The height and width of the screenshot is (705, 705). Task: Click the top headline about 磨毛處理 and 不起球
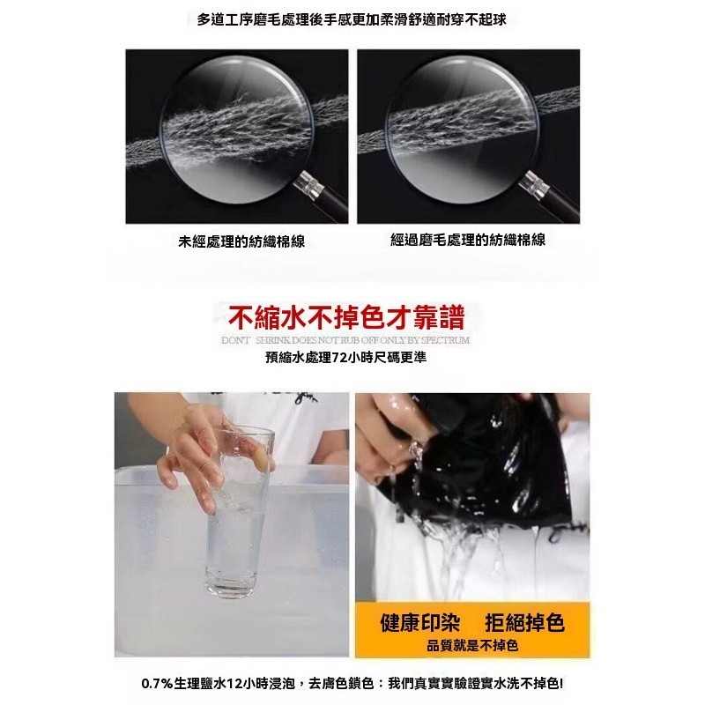coord(352,19)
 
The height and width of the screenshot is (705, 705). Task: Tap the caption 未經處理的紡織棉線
coord(241,241)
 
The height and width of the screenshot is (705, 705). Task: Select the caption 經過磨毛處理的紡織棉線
coord(468,239)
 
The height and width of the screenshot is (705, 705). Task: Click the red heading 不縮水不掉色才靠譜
coord(346,317)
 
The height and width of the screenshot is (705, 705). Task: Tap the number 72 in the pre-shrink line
coord(338,358)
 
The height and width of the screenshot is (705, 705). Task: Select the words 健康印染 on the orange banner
coord(420,623)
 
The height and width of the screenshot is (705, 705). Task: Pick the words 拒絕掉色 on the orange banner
coord(524,623)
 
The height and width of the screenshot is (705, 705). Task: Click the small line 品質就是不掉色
coord(472,646)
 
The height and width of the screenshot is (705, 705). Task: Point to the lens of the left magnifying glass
coord(237,129)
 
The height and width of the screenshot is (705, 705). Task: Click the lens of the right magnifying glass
coord(463,129)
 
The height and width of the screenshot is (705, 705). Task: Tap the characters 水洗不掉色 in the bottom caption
coord(527,684)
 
